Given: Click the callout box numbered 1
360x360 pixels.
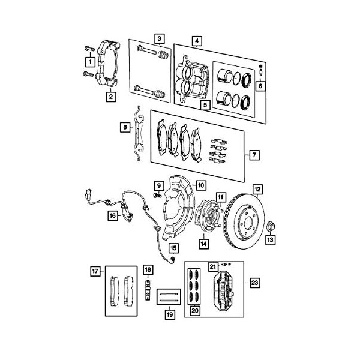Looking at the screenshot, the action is pyautogui.click(x=90, y=62).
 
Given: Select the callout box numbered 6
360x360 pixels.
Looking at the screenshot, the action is pyautogui.click(x=260, y=86).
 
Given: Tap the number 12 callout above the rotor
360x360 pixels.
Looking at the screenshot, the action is pyautogui.click(x=257, y=190).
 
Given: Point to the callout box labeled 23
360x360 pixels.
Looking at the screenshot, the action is pyautogui.click(x=254, y=283).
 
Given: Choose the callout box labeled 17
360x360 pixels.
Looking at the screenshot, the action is pyautogui.click(x=95, y=271).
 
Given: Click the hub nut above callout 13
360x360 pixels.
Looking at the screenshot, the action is pyautogui.click(x=271, y=227).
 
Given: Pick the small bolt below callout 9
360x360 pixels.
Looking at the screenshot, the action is pyautogui.click(x=157, y=196).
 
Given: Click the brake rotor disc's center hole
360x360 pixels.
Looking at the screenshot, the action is pyautogui.click(x=248, y=222).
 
